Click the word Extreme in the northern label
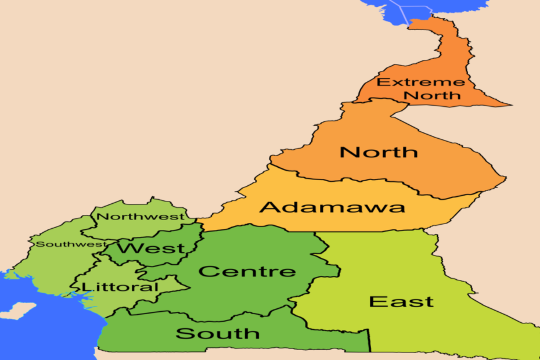(x=413, y=82)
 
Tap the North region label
(x=379, y=152)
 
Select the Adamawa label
(x=332, y=207)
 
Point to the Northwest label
(x=141, y=217)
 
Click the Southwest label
(x=71, y=244)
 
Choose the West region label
(x=151, y=249)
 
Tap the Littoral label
(x=120, y=287)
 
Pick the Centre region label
(x=247, y=271)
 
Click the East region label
(x=401, y=302)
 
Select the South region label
(x=218, y=333)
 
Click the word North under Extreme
(x=433, y=95)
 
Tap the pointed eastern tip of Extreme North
(x=510, y=105)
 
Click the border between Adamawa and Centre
(x=261, y=228)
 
